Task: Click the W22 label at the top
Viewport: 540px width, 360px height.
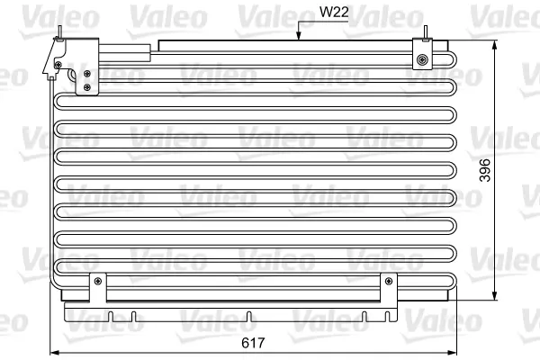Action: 334,12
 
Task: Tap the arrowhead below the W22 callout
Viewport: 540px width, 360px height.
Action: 299,36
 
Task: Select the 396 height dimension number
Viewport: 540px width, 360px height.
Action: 485,170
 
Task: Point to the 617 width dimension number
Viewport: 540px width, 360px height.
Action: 253,343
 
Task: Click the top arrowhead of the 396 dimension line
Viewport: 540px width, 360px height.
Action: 494,45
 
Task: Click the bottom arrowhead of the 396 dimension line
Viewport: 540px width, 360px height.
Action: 494,295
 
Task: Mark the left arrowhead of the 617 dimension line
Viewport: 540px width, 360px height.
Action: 55,353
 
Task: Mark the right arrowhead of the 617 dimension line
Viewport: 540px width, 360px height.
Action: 452,353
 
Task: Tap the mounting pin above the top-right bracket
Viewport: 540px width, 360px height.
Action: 426,33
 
